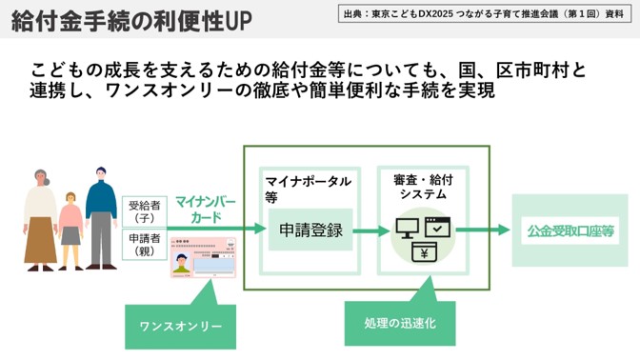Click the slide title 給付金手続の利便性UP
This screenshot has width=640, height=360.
tap(131, 20)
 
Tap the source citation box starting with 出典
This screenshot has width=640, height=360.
tap(486, 14)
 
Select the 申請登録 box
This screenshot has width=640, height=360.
tap(310, 230)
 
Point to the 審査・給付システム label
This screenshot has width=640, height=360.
tap(424, 186)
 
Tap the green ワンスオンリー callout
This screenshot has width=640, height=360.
tap(180, 326)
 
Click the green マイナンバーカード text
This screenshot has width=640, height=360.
tap(207, 210)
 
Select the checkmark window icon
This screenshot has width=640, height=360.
tap(437, 228)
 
